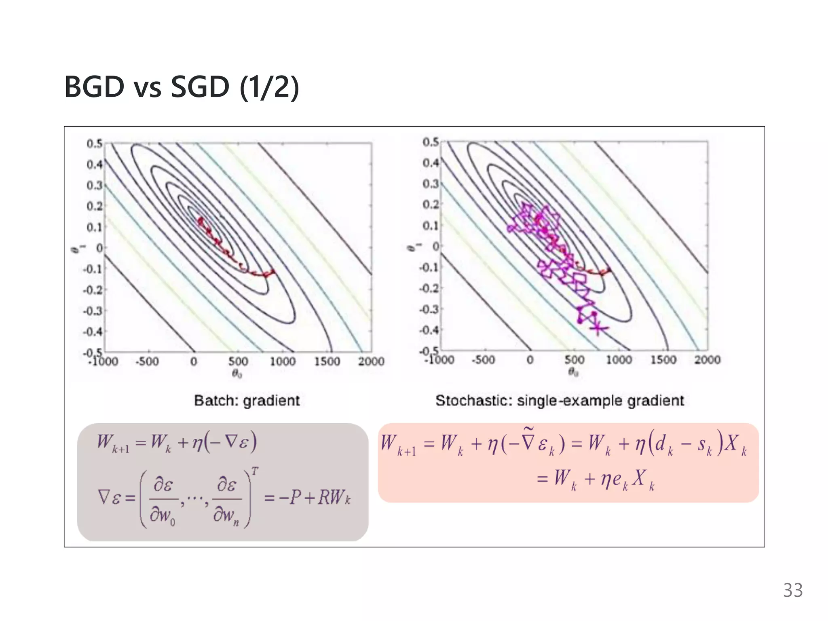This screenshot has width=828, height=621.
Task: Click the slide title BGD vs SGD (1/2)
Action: click(x=182, y=87)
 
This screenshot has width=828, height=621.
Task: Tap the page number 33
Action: click(x=792, y=590)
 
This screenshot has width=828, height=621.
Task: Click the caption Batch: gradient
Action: click(x=247, y=401)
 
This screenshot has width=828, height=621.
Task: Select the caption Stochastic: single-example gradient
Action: click(x=560, y=401)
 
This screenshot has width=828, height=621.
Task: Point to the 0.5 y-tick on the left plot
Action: click(x=94, y=144)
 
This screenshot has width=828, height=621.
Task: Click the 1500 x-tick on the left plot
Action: click(x=327, y=361)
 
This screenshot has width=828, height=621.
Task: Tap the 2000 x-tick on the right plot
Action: click(x=707, y=359)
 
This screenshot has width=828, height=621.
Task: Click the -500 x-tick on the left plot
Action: click(x=147, y=361)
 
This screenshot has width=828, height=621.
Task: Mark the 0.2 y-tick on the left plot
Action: click(x=94, y=206)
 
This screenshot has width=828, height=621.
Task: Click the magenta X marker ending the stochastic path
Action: click(x=598, y=329)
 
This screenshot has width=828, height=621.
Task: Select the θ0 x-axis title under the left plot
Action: click(x=237, y=374)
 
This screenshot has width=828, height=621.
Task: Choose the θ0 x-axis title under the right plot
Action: click(x=573, y=372)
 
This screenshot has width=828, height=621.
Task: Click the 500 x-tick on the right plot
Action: click(x=574, y=359)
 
